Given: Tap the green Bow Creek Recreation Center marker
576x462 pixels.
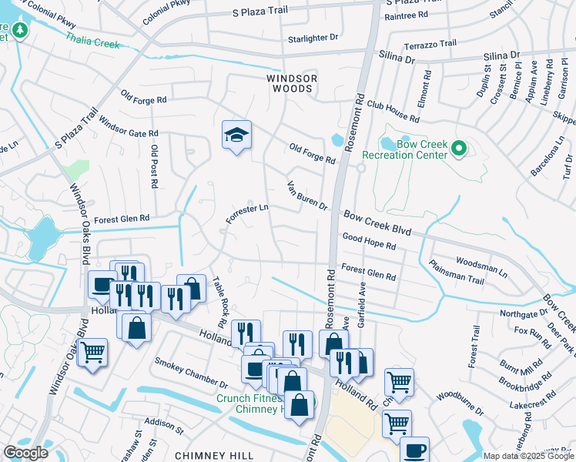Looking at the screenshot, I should [x=459, y=148].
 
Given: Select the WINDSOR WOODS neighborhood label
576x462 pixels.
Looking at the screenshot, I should [x=290, y=83].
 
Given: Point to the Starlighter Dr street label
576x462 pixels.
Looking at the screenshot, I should [x=313, y=37].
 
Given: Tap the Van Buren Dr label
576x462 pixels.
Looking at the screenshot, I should [x=307, y=196].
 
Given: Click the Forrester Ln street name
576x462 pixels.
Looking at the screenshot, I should [x=247, y=213].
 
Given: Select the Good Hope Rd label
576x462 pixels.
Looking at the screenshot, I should [x=369, y=242].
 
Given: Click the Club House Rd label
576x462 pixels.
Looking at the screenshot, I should [x=393, y=112].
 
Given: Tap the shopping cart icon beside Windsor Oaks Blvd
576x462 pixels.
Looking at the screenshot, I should [x=92, y=353].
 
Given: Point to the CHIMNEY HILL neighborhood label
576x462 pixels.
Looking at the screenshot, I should [x=209, y=455].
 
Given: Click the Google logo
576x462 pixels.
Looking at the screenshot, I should [x=25, y=453].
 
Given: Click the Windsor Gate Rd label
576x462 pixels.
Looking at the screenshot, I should [x=129, y=127].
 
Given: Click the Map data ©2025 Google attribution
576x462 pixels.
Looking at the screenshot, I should [x=527, y=456].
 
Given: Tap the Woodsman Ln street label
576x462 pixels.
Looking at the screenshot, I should [x=481, y=266].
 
